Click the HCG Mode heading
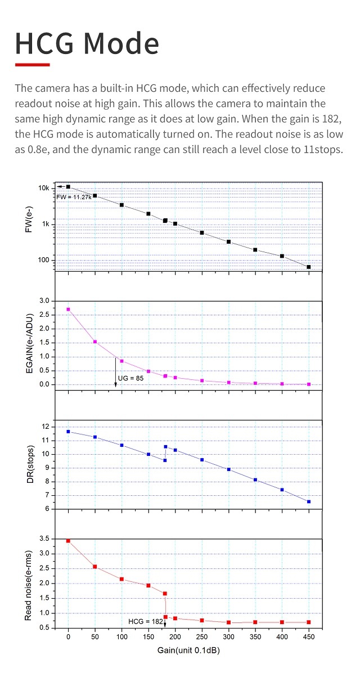click(87, 43)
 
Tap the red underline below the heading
click(33, 65)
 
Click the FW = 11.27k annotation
click(74, 197)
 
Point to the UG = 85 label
click(130, 378)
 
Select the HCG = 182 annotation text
click(145, 621)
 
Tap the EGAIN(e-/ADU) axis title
click(29, 343)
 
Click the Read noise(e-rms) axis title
click(29, 583)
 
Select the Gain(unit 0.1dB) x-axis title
click(188, 651)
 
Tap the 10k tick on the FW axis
click(44, 188)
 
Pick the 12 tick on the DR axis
click(46, 427)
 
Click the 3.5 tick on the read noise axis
click(44, 539)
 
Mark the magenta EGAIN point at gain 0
click(68, 310)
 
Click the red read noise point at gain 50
click(95, 566)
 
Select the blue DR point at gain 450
click(309, 501)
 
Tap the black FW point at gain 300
click(229, 241)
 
